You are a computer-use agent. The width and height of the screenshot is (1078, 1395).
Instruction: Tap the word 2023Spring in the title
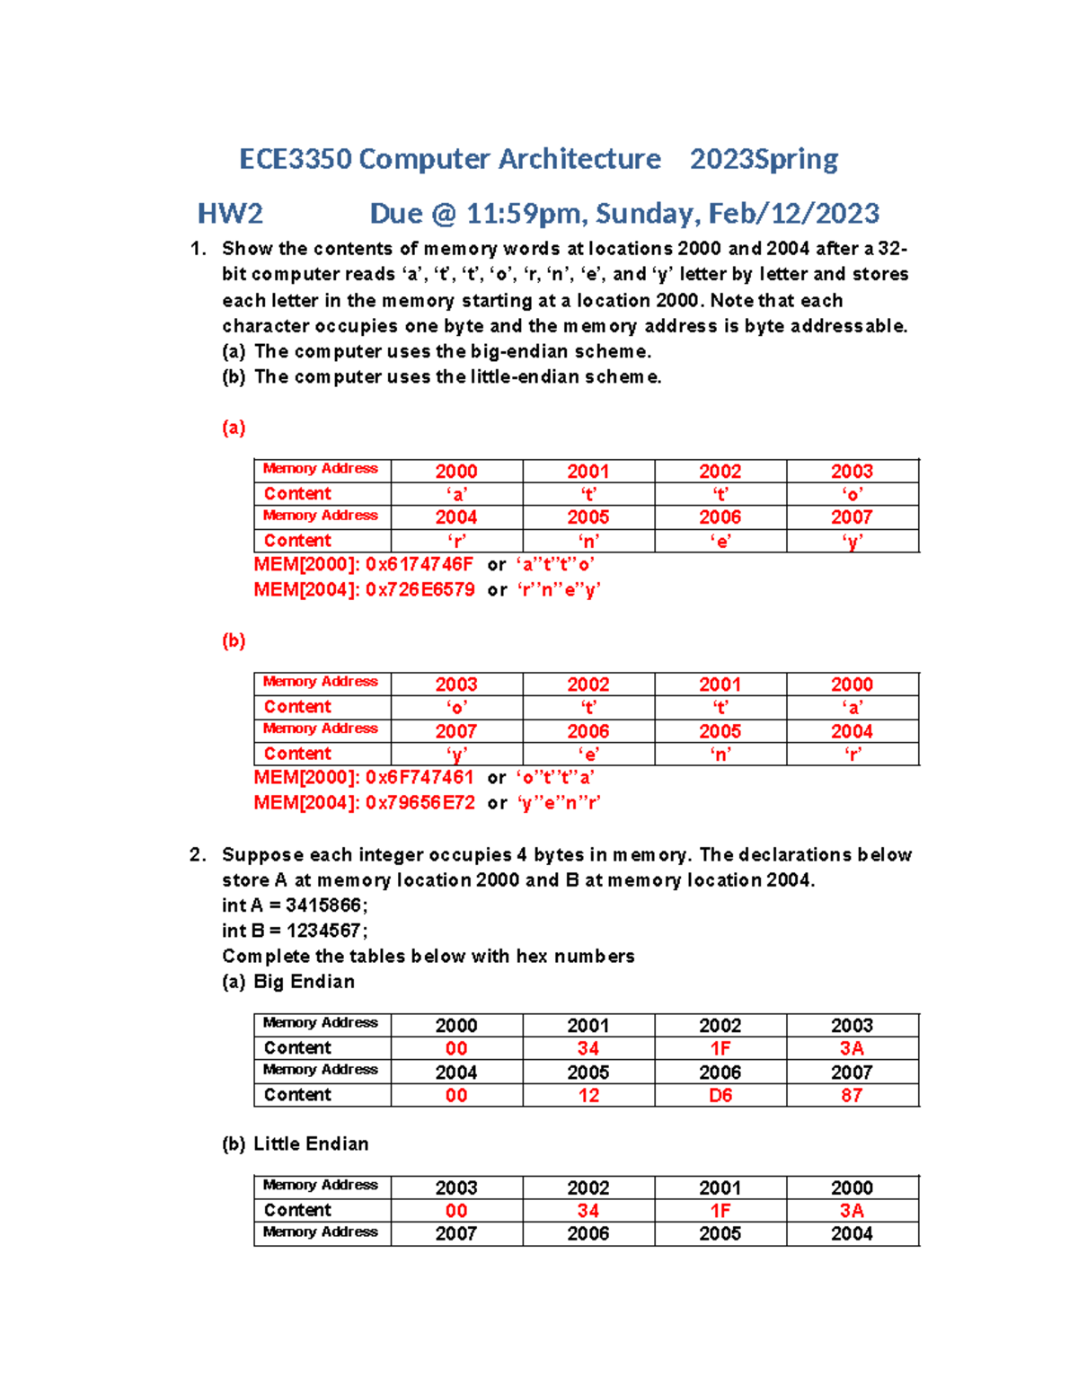pos(764,159)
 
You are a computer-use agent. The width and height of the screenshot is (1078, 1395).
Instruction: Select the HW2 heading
pos(230,214)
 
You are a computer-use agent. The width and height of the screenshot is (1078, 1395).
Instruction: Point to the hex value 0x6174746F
pos(420,565)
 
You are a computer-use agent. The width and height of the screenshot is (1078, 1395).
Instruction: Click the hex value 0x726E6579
pos(420,590)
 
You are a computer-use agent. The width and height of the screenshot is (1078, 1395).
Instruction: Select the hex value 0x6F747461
pos(420,778)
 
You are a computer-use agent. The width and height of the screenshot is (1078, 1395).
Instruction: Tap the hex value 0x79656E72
pos(420,803)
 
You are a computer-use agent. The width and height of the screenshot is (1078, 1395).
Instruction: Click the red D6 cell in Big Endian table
pos(720,1096)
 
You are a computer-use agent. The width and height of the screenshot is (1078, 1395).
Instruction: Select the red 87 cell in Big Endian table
pos(852,1096)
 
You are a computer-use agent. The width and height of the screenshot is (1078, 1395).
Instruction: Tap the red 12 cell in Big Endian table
pos(588,1096)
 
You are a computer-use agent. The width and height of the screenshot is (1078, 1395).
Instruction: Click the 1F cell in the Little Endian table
pos(720,1211)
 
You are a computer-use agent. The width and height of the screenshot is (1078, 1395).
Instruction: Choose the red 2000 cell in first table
pos(456,472)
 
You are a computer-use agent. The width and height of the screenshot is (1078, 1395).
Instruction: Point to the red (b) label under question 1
pos(234,640)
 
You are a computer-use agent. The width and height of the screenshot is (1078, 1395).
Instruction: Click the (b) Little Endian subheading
pos(296,1144)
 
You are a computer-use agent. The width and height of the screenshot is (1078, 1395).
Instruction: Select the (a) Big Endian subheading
pos(288,982)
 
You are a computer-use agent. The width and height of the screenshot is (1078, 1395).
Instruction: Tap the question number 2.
pos(198,855)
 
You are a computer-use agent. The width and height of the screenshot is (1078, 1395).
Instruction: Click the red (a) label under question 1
pos(234,428)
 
